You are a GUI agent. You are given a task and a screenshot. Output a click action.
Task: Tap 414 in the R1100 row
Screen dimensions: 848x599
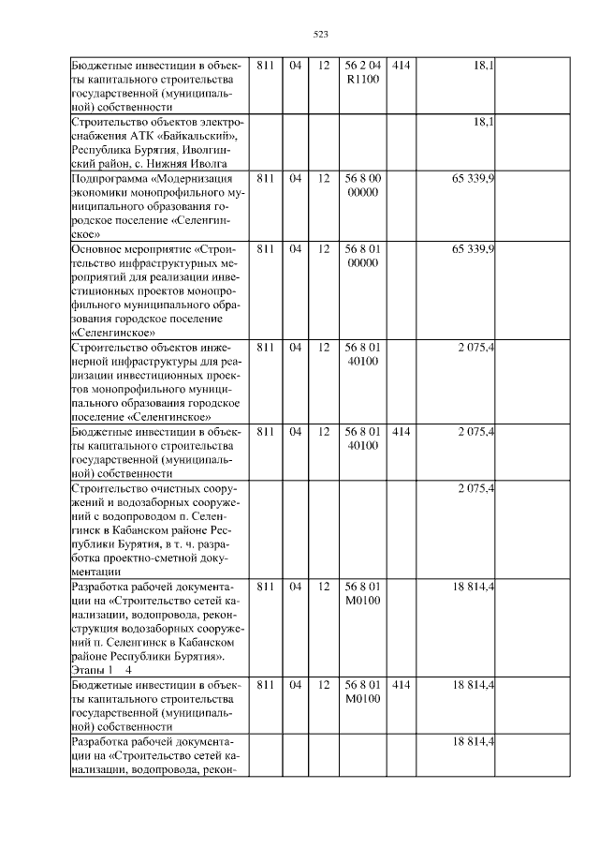coord(401,66)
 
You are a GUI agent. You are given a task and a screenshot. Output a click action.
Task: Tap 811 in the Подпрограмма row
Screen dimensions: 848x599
coord(265,178)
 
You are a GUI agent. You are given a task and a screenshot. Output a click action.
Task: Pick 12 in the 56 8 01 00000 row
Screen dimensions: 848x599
coord(324,248)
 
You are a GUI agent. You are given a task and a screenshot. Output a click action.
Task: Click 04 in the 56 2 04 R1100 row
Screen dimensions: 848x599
coord(296,66)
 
